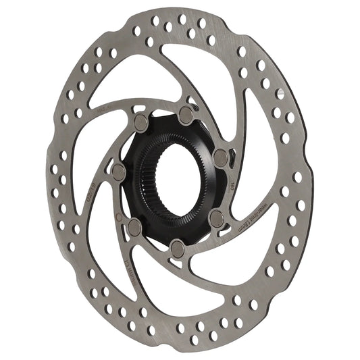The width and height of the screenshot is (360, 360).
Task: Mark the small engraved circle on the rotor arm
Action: click(120, 218)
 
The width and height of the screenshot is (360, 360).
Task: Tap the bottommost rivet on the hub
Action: click(177, 245)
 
